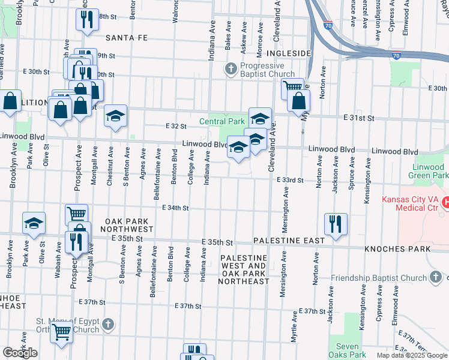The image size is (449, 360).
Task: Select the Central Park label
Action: pos(227,121)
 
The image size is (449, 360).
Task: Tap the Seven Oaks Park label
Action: pos(348,350)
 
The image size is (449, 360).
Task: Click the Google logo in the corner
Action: pos(20,353)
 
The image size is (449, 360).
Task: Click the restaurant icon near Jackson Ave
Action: pos(336,224)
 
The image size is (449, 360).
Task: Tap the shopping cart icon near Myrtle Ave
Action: pos(292,87)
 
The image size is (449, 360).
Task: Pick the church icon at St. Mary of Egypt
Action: pos(107,325)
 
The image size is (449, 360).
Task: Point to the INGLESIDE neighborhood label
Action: pos(288,53)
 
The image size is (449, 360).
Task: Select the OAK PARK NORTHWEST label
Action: pos(126,226)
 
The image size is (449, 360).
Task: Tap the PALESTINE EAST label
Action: pos(285,240)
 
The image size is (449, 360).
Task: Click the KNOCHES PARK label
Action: pos(400,248)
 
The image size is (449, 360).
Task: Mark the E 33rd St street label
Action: pos(291,180)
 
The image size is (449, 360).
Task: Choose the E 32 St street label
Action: pos(176,127)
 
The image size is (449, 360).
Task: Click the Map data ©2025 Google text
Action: pos(411,355)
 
